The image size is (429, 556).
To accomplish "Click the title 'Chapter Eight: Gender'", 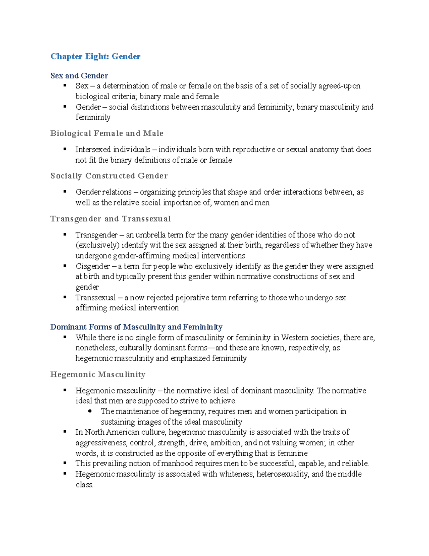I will (x=95, y=56).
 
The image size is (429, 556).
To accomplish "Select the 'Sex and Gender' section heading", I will (x=79, y=76).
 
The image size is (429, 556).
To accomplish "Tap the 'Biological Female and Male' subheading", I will (x=107, y=133).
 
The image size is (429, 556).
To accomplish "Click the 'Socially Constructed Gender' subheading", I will (x=109, y=176).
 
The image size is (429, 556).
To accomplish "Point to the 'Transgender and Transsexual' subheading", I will (x=110, y=219).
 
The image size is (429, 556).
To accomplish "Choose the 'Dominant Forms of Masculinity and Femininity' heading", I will (x=136, y=327).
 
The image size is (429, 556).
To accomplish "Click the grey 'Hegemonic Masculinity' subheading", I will (x=98, y=374).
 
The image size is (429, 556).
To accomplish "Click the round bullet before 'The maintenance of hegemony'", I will (x=90, y=411).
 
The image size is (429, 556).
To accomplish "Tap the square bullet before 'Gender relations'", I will (x=65, y=192).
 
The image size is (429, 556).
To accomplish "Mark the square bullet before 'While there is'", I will (x=65, y=337).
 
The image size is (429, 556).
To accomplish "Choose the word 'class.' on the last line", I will (x=84, y=485).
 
